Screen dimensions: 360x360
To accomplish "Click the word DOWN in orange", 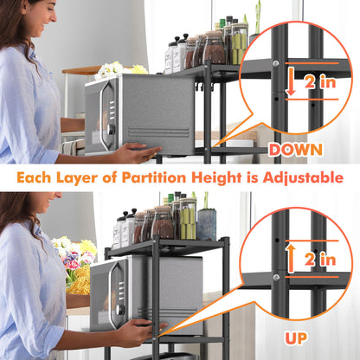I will click(x=296, y=150).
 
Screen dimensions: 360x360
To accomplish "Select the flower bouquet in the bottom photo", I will click(x=73, y=260).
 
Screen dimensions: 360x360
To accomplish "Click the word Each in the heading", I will click(x=35, y=177).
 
